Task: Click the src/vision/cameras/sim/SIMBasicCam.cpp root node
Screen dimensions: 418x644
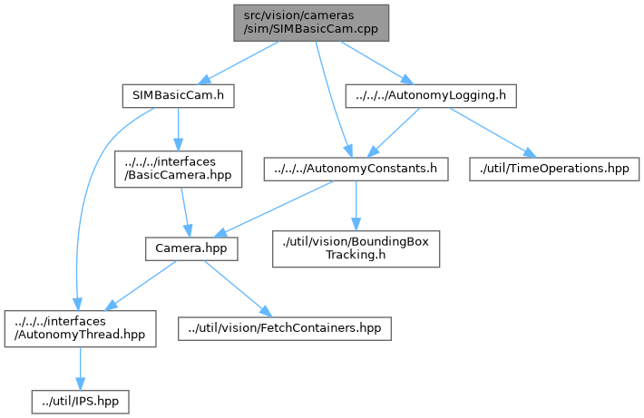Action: tap(310, 22)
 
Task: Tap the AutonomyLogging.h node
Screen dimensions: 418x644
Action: tap(431, 94)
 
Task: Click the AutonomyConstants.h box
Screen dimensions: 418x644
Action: tap(355, 169)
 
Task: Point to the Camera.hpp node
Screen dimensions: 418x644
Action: tap(190, 248)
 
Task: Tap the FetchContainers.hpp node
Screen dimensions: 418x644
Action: tap(285, 326)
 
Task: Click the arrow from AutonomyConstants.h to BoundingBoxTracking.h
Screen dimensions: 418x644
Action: tap(356, 205)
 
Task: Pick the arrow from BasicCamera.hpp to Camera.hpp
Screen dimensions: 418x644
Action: tap(188, 212)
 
